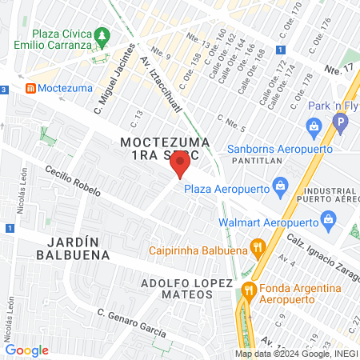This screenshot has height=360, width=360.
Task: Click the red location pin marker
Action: pyautogui.click(x=180, y=165)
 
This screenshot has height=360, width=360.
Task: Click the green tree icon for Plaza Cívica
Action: pyautogui.click(x=101, y=36)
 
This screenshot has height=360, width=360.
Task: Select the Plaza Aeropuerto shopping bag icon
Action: pyautogui.click(x=280, y=189)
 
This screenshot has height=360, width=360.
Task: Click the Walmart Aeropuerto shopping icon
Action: pyautogui.click(x=327, y=218)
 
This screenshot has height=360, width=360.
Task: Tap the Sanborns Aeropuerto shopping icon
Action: pyautogui.click(x=314, y=126)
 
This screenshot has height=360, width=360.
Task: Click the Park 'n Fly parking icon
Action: pyautogui.click(x=342, y=124)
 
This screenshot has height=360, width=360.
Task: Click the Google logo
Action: pyautogui.click(x=26, y=350)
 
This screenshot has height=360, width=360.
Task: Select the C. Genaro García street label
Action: pyautogui.click(x=131, y=322)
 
